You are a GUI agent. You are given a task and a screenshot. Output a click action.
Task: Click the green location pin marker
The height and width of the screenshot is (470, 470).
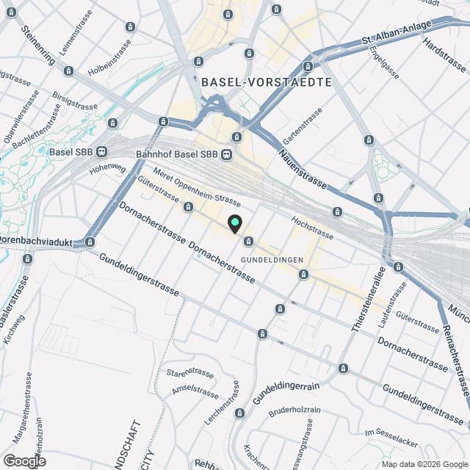pyautogui.click(x=235, y=223)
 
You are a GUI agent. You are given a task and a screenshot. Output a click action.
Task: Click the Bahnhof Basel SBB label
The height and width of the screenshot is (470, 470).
pyautogui.click(x=177, y=154)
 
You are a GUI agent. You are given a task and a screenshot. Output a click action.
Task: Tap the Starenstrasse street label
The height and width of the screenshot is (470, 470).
pyautogui.click(x=190, y=373)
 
